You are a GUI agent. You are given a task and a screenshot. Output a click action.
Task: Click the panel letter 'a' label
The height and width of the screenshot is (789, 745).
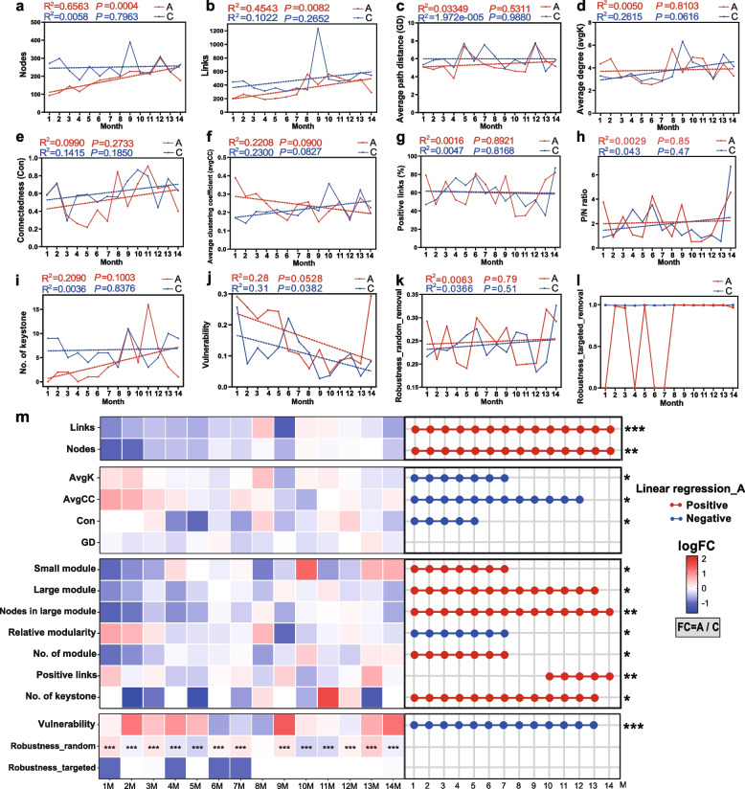point(7,7)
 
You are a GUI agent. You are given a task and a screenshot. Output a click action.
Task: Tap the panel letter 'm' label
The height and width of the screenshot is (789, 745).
point(9,415)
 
